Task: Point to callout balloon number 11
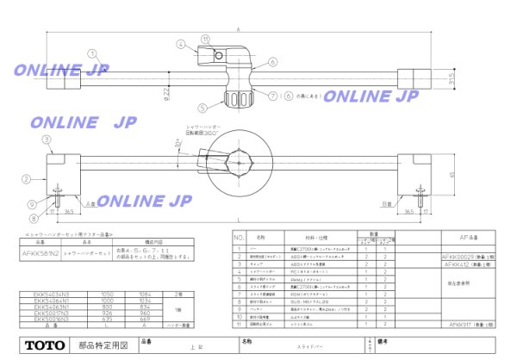point(205,39)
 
